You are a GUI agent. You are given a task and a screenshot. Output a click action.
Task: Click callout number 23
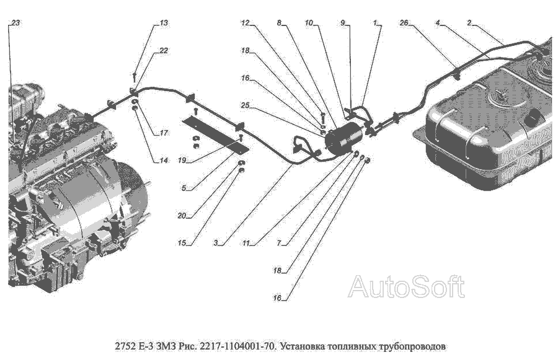(x=15, y=23)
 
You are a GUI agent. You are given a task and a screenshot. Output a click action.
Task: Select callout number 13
(x=164, y=23)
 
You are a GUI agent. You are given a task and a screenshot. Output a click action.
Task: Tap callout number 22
(x=163, y=51)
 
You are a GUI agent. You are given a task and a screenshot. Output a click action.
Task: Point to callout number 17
(x=163, y=133)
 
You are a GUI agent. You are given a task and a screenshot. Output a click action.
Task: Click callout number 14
(x=163, y=160)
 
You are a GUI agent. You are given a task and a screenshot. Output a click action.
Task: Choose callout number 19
(x=182, y=160)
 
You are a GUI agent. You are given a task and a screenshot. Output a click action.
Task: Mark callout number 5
(x=184, y=188)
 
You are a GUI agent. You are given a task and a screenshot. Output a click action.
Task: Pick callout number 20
(x=182, y=216)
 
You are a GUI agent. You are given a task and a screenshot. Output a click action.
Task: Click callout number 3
(x=216, y=243)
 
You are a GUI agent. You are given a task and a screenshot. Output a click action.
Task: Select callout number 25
(x=245, y=105)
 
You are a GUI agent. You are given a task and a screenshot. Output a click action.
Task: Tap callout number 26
(x=404, y=23)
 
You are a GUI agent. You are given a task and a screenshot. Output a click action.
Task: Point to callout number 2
(x=469, y=23)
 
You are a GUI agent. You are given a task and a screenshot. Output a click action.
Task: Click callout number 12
(x=245, y=23)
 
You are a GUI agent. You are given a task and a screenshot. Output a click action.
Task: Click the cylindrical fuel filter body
(x=345, y=136)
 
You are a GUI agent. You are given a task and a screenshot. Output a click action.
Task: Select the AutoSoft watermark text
(x=406, y=286)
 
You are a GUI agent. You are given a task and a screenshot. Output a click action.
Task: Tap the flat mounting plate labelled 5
(x=215, y=136)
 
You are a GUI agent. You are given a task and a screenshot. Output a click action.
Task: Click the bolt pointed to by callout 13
(x=135, y=76)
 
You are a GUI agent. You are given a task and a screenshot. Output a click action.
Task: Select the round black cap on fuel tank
(x=534, y=117)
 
